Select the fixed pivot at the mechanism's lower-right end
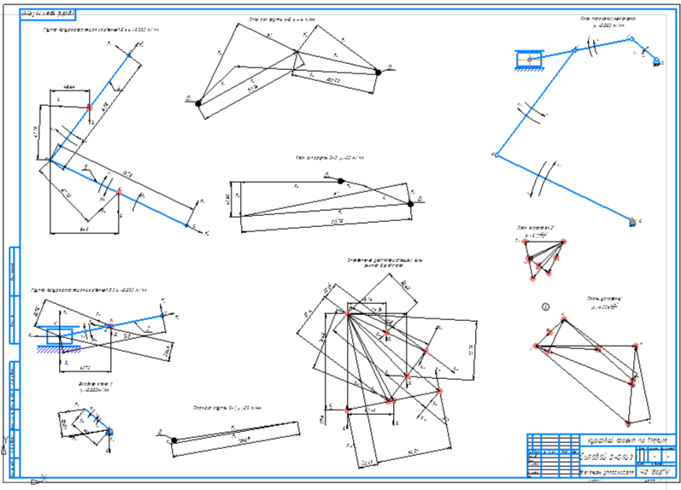point(631,222)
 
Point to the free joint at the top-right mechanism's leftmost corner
point(495,155)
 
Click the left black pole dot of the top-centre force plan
point(198,103)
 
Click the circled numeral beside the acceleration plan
point(546,306)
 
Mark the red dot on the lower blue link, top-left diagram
point(119,190)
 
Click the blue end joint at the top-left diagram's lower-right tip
point(189,225)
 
